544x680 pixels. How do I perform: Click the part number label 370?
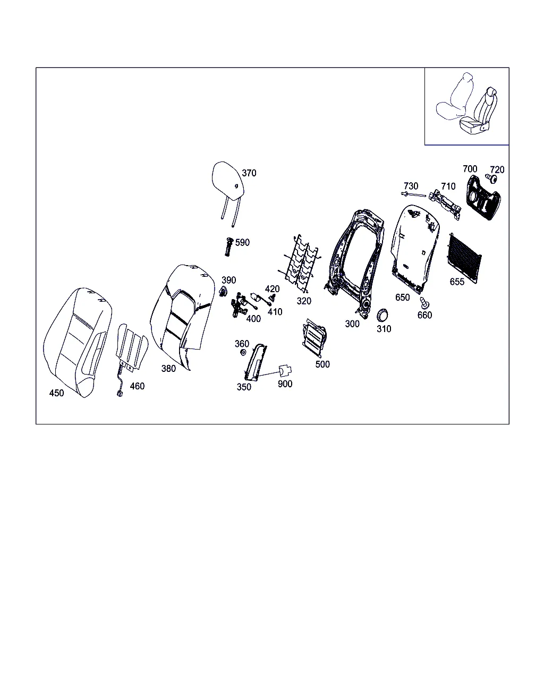pyautogui.click(x=249, y=173)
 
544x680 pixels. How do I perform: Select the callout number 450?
pyautogui.click(x=57, y=393)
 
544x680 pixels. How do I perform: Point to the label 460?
pyautogui.click(x=137, y=386)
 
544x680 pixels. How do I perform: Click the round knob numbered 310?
pyautogui.click(x=383, y=315)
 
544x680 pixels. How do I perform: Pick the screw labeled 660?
pyautogui.click(x=424, y=303)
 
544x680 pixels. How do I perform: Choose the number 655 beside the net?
pyautogui.click(x=457, y=282)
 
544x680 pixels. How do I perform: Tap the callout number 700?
pyautogui.click(x=470, y=169)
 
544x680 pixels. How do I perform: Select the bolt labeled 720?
pyautogui.click(x=491, y=178)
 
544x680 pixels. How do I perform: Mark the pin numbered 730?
pyautogui.click(x=413, y=194)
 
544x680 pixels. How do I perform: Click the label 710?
pyautogui.click(x=448, y=186)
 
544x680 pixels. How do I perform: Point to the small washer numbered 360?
pyautogui.click(x=243, y=352)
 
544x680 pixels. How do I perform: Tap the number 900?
pyautogui.click(x=285, y=384)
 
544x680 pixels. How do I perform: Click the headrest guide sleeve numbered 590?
pyautogui.click(x=228, y=247)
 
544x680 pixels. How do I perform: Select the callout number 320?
pyautogui.click(x=304, y=301)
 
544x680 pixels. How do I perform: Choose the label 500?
pyautogui.click(x=322, y=364)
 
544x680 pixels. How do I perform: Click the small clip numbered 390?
pyautogui.click(x=223, y=291)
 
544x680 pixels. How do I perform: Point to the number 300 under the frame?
pyautogui.click(x=352, y=324)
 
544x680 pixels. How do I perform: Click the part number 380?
pyautogui.click(x=168, y=369)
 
